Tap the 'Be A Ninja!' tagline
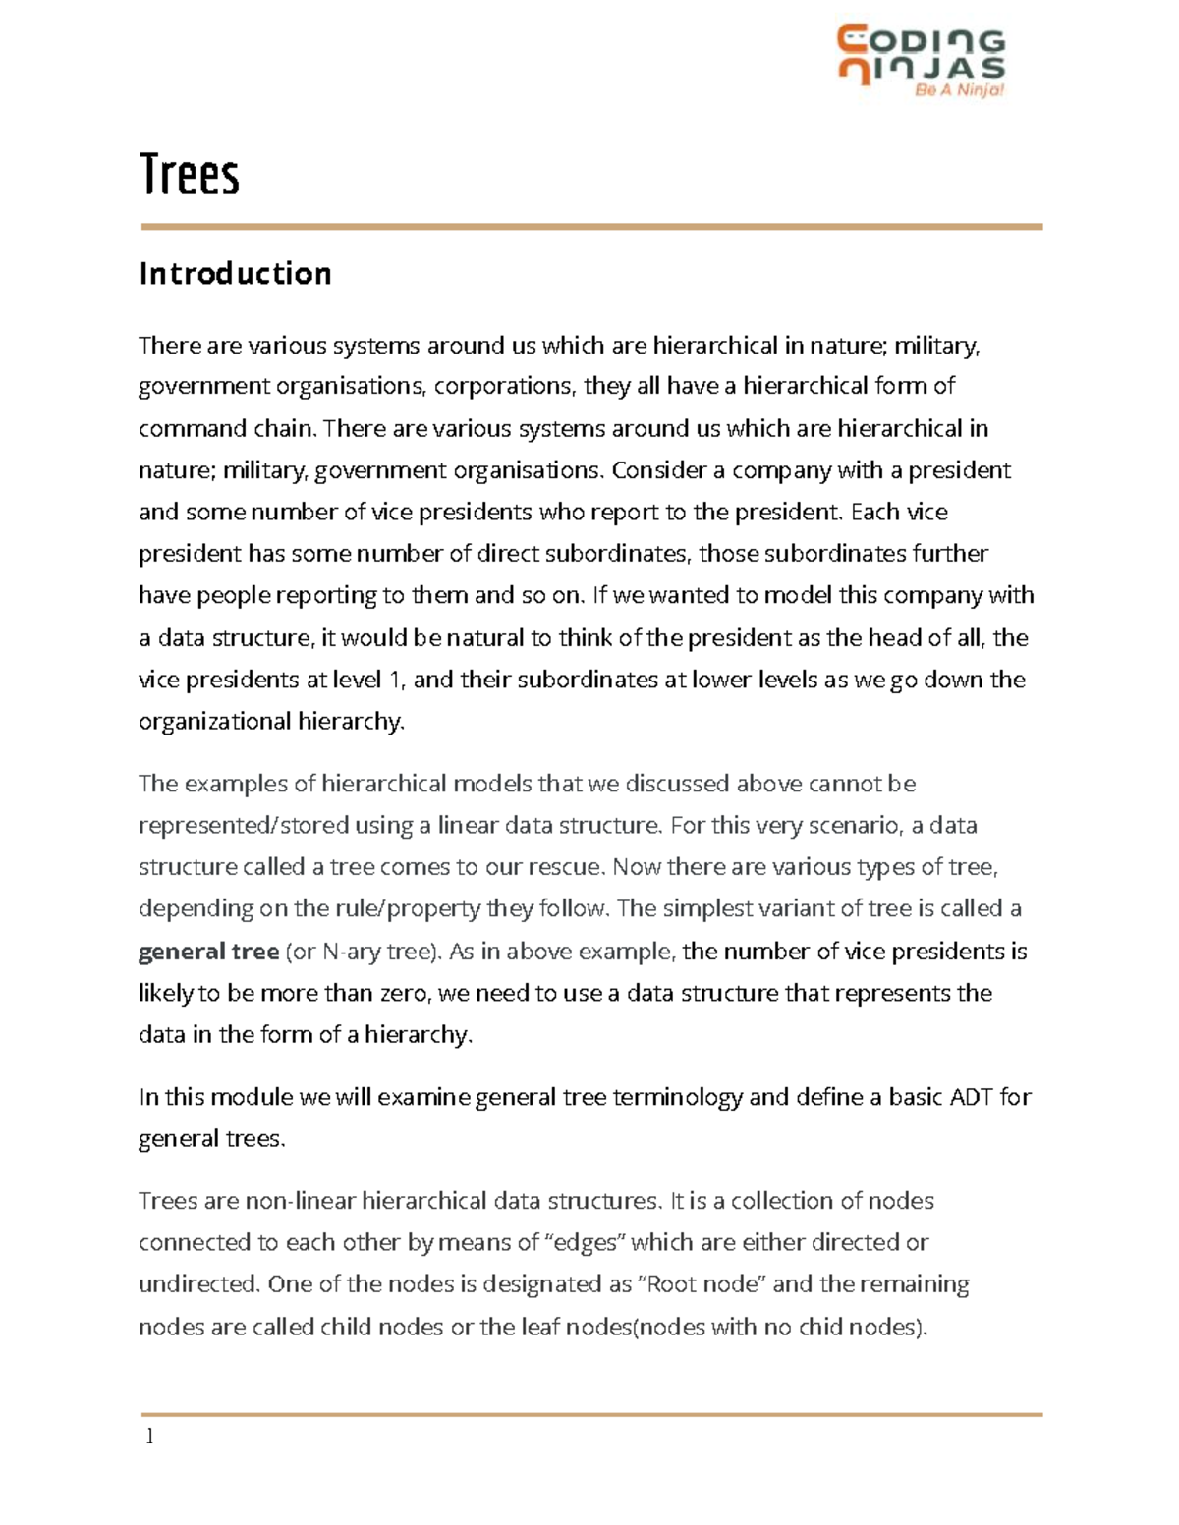tap(958, 90)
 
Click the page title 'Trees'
tap(190, 175)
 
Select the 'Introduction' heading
tap(235, 273)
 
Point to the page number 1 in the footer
tap(149, 1437)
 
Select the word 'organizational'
tap(208, 722)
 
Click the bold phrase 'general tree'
tap(208, 952)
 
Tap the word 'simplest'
tap(706, 909)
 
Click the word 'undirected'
tap(197, 1284)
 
